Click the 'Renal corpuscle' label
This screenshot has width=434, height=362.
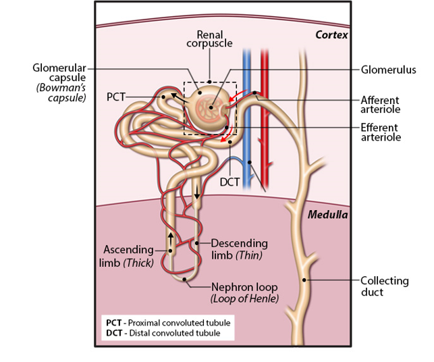point(210,39)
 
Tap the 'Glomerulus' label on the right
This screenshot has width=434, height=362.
point(388,70)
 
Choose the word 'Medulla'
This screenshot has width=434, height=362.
point(327,215)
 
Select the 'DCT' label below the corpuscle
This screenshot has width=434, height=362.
point(230,181)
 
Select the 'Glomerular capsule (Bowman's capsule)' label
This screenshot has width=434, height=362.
point(59,82)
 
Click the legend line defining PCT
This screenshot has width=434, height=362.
point(168,321)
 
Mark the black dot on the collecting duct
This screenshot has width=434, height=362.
point(304,280)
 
